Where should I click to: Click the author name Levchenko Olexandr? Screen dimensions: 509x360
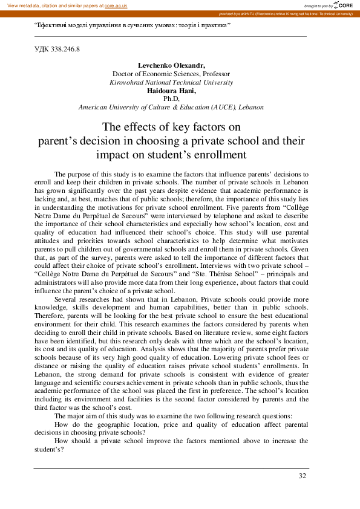point(171,65)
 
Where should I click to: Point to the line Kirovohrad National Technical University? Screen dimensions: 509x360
point(171,82)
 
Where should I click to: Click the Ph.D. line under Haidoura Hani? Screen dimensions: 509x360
point(171,99)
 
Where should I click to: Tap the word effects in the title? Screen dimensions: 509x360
point(138,127)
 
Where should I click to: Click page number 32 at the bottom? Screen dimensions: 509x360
point(303,476)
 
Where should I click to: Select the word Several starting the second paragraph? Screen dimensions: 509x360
point(65,299)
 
